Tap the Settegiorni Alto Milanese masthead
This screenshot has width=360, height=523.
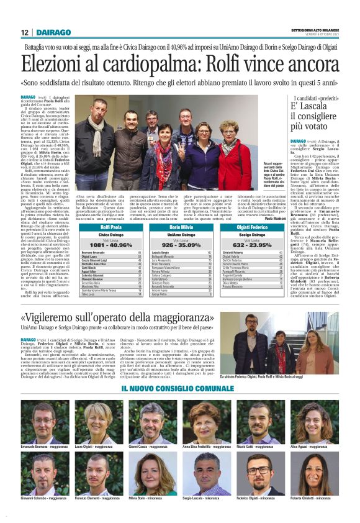coord(315,30)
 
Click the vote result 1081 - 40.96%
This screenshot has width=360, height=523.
coord(112,245)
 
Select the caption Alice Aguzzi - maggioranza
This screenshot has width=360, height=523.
coord(319,446)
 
